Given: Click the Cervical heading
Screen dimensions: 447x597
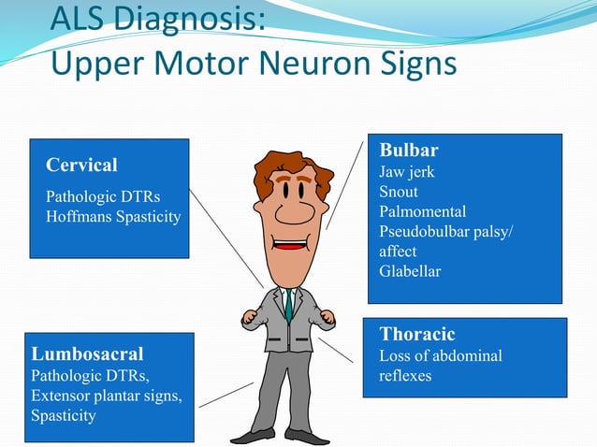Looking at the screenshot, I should click(81, 166).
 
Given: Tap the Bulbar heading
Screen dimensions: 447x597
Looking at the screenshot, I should click(408, 151).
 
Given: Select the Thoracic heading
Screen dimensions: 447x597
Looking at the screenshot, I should click(416, 334).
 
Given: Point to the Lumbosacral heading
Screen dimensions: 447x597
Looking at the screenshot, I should click(87, 354).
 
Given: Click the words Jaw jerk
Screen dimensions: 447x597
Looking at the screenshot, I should click(406, 172).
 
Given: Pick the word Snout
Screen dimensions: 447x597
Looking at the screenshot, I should click(398, 192).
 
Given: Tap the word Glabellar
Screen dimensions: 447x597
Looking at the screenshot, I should click(409, 271).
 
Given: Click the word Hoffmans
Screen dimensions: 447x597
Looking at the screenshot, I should click(79, 216).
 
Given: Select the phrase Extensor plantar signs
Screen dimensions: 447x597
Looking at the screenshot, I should click(107, 396).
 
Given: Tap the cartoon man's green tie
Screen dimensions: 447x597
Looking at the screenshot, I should click(290, 303).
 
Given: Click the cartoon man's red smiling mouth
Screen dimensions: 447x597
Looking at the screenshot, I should click(290, 247).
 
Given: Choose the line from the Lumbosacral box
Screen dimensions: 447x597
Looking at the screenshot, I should click(226, 395).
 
